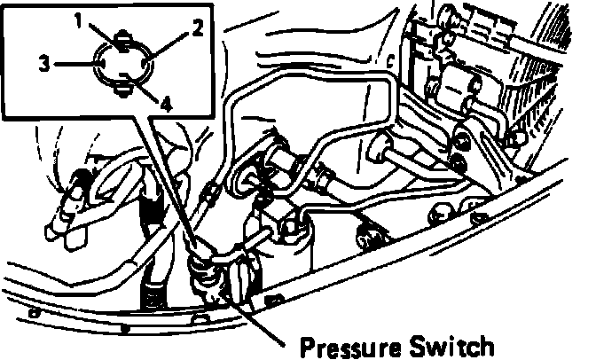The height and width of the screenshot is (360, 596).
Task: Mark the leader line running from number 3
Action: (73, 63)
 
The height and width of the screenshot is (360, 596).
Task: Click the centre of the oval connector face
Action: (121, 63)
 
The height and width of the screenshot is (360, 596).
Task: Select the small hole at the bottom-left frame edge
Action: (34, 312)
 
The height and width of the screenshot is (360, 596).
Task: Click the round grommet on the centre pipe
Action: (387, 152)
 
